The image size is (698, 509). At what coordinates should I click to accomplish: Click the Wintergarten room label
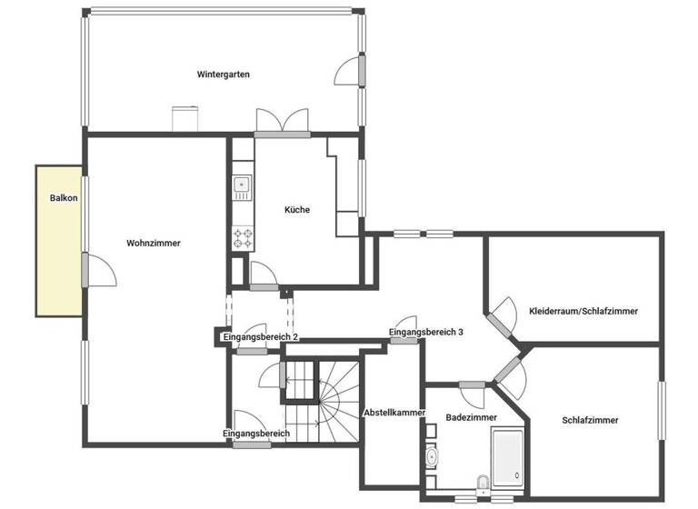[x=223, y=74]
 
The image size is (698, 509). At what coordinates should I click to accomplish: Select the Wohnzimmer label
[x=154, y=243]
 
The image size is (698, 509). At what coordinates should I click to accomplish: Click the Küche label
[x=297, y=209]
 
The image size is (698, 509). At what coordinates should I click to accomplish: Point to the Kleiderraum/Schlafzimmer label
[x=583, y=311]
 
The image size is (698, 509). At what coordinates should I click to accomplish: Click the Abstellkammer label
[x=394, y=413]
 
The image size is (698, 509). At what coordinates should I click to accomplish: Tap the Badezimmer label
[x=471, y=416]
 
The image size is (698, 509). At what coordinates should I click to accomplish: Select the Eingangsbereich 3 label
[x=426, y=333]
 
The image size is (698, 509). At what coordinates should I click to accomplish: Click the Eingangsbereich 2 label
[x=260, y=337]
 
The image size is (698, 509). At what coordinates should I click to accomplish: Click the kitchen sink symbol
[x=242, y=186]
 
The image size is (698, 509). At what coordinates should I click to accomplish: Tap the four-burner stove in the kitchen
[x=243, y=238]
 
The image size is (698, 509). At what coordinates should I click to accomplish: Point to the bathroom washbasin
[x=431, y=455]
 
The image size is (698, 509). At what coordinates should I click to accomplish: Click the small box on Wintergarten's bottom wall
[x=185, y=120]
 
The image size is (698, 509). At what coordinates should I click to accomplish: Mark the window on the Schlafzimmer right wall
[x=662, y=411]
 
